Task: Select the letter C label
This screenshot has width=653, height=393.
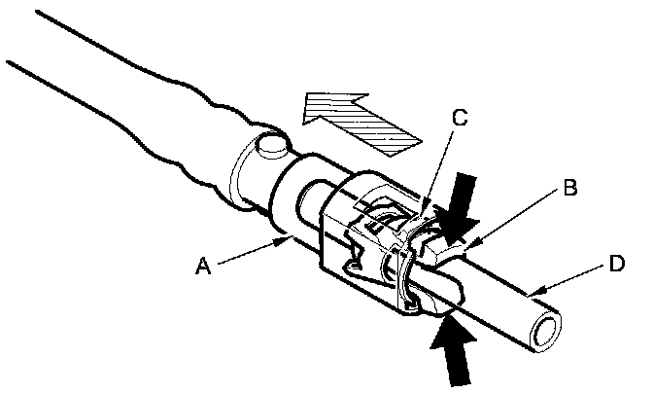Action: click(462, 120)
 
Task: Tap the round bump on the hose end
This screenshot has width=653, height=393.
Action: click(272, 147)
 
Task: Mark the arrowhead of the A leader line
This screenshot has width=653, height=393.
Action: click(287, 236)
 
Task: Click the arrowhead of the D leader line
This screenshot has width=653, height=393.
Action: click(531, 291)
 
